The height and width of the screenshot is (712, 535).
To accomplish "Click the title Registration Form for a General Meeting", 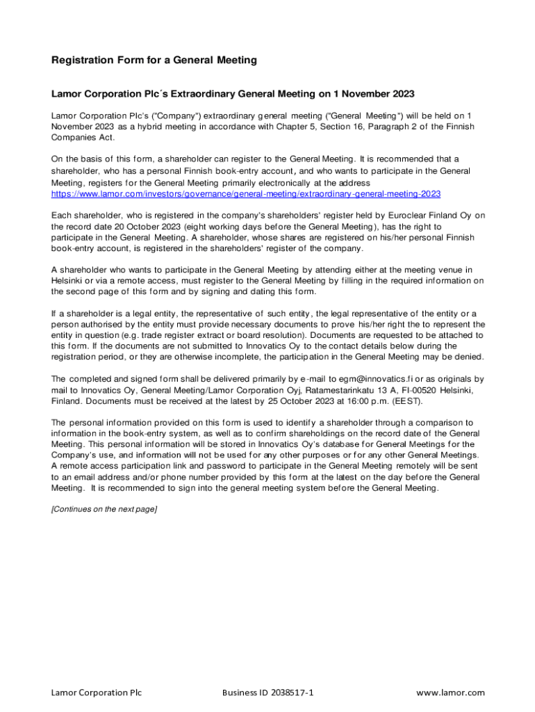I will pyautogui.click(x=154, y=60).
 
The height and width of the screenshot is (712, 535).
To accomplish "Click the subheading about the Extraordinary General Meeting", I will pyautogui.click(x=233, y=94).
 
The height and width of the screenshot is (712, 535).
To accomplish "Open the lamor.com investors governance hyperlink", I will pyautogui.click(x=246, y=194).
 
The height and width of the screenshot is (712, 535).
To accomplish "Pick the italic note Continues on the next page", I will pyautogui.click(x=104, y=510).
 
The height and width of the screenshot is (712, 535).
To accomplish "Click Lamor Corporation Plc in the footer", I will pyautogui.click(x=97, y=693).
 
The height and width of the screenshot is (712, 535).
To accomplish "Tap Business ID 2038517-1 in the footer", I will pyautogui.click(x=267, y=693).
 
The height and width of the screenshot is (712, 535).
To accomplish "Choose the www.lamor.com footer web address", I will pyautogui.click(x=450, y=693).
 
